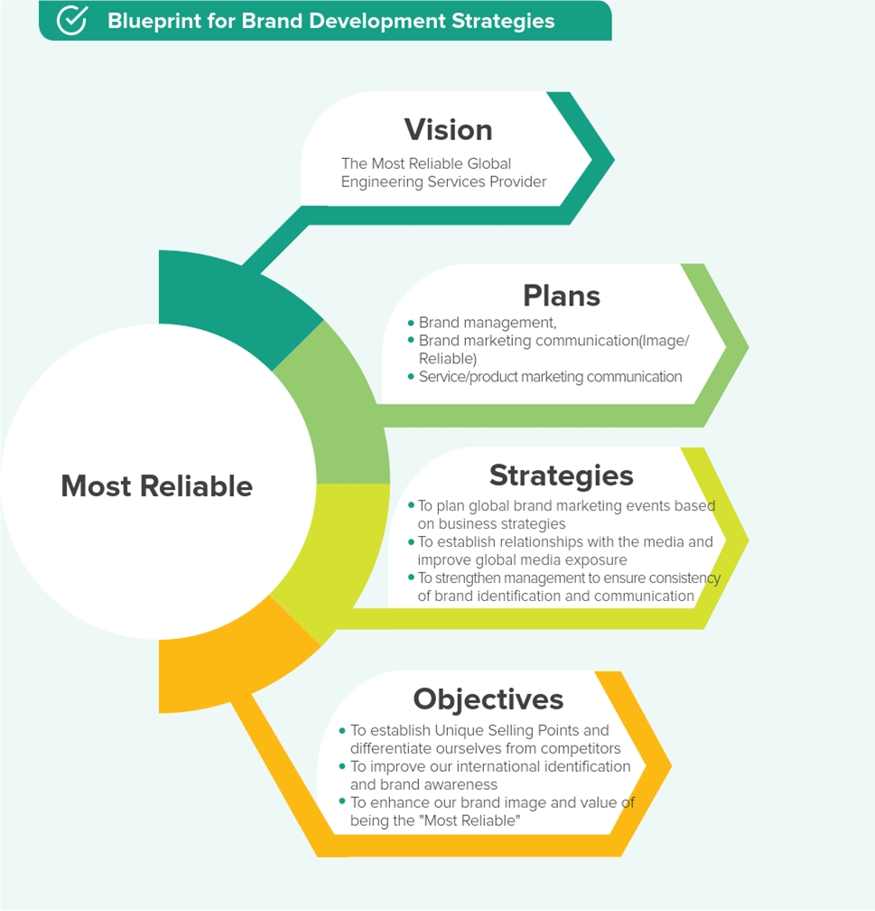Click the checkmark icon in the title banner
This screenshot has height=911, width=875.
tap(72, 20)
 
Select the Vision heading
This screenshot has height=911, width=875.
tap(448, 129)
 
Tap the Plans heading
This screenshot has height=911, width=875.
tap(562, 296)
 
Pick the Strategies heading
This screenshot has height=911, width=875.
tap(561, 475)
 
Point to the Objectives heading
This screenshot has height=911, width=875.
tap(489, 700)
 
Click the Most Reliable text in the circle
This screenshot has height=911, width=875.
tap(157, 486)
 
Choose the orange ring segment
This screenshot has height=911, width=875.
tap(232, 668)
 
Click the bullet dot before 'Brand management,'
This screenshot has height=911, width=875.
tap(411, 323)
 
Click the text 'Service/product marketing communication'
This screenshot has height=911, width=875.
tap(551, 377)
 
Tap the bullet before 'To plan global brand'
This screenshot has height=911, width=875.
tap(411, 505)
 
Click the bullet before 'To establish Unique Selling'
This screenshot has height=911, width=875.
tap(342, 730)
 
